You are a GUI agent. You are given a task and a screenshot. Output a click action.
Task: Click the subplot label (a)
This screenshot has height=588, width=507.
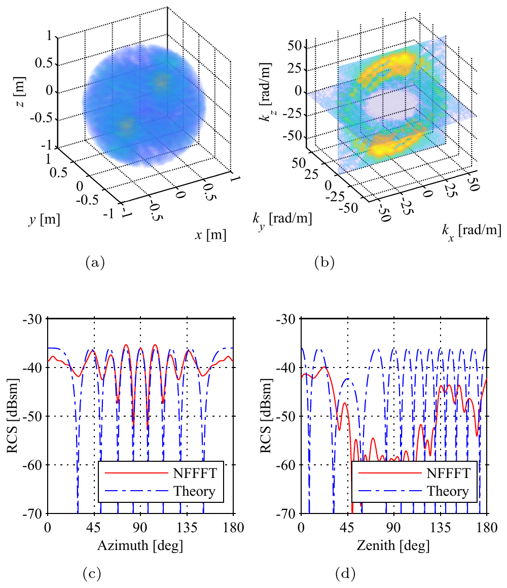[95, 262]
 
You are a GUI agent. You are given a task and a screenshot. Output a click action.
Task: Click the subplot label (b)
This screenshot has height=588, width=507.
[324, 262]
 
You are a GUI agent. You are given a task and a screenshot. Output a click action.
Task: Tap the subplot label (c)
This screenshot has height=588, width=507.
[91, 573]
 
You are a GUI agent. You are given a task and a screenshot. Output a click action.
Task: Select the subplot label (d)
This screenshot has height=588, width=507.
[345, 573]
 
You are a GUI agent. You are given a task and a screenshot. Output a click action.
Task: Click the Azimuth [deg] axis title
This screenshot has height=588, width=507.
[140, 545]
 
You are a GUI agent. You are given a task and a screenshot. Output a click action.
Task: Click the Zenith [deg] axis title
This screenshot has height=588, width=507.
[393, 545]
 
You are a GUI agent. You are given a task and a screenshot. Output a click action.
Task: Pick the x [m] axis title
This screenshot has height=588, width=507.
[211, 235]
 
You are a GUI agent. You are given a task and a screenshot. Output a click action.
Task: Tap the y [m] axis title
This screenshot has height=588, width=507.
[44, 219]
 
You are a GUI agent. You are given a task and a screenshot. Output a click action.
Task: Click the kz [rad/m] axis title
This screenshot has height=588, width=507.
[266, 91]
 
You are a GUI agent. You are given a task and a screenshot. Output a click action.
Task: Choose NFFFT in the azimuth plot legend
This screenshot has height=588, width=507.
[195, 473]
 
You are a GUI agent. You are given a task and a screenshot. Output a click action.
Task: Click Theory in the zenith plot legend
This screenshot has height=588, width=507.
[448, 491]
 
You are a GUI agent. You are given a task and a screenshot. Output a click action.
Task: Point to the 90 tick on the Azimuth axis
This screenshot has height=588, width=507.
[140, 528]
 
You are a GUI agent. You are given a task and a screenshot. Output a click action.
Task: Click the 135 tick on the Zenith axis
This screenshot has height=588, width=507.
[440, 528]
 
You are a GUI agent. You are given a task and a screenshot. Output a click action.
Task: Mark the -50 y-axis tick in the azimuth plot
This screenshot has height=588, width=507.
[33, 416]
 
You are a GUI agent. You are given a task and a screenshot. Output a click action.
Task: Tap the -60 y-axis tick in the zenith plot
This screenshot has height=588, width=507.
[286, 465]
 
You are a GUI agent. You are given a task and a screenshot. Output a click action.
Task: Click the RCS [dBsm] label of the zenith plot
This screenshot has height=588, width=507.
[266, 416]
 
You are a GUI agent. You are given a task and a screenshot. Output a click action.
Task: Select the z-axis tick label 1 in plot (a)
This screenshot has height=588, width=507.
[50, 35]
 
